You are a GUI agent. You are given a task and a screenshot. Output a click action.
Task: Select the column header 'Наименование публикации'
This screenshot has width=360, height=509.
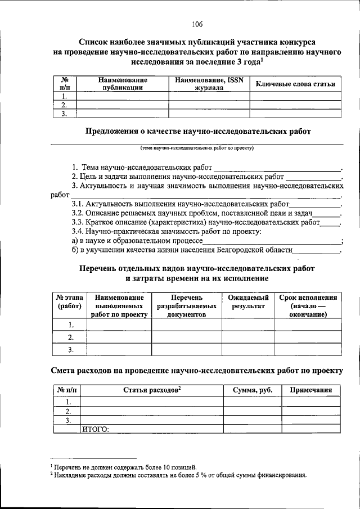pyautogui.click(x=122, y=84)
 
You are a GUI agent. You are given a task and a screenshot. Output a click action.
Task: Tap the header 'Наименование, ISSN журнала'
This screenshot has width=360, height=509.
pyautogui.click(x=209, y=84)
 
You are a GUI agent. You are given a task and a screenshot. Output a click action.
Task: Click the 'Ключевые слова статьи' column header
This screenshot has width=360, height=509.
pyautogui.click(x=295, y=84)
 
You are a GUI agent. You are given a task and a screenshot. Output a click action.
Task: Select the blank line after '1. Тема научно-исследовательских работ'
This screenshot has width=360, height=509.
pyautogui.click(x=278, y=168)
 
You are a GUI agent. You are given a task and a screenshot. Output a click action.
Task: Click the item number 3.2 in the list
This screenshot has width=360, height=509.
pyautogui.click(x=78, y=213)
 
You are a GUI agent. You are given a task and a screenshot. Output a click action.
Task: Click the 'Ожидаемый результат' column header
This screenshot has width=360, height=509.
pyautogui.click(x=248, y=301)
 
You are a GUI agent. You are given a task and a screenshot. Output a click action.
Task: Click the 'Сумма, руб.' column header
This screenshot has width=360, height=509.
pyautogui.click(x=253, y=390)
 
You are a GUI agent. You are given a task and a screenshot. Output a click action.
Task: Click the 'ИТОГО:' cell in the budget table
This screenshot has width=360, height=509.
pyautogui.click(x=96, y=429)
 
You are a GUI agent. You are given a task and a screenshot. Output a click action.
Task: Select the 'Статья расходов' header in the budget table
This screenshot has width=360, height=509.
pyautogui.click(x=152, y=390)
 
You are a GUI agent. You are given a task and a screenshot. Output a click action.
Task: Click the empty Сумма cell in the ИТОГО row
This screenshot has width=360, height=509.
pyautogui.click(x=253, y=429)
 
